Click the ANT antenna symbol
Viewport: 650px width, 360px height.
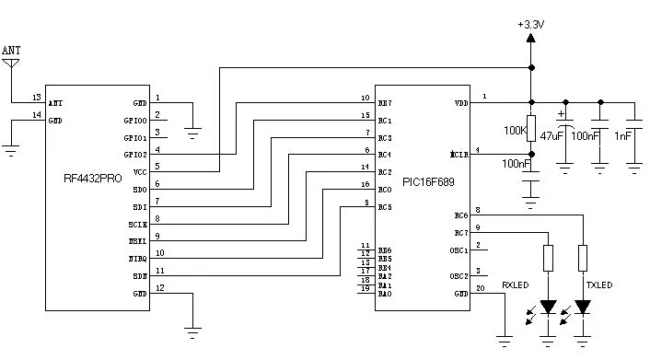click(11, 65)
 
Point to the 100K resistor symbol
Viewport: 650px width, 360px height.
click(530, 127)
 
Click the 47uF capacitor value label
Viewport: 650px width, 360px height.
click(551, 134)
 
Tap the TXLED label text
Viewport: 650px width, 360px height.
click(599, 285)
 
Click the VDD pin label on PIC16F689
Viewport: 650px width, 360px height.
click(460, 103)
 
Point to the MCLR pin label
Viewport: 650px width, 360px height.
click(459, 154)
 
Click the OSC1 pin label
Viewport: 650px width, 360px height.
click(458, 250)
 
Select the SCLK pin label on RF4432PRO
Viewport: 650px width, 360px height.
click(137, 224)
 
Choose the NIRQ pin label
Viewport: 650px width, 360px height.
click(137, 259)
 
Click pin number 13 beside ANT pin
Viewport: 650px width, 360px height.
click(36, 97)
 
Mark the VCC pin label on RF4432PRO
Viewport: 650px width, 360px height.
click(140, 171)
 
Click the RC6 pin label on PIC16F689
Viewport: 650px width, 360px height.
click(460, 215)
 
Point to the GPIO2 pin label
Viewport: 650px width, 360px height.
click(136, 155)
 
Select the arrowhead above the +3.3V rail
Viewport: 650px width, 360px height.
click(531, 40)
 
